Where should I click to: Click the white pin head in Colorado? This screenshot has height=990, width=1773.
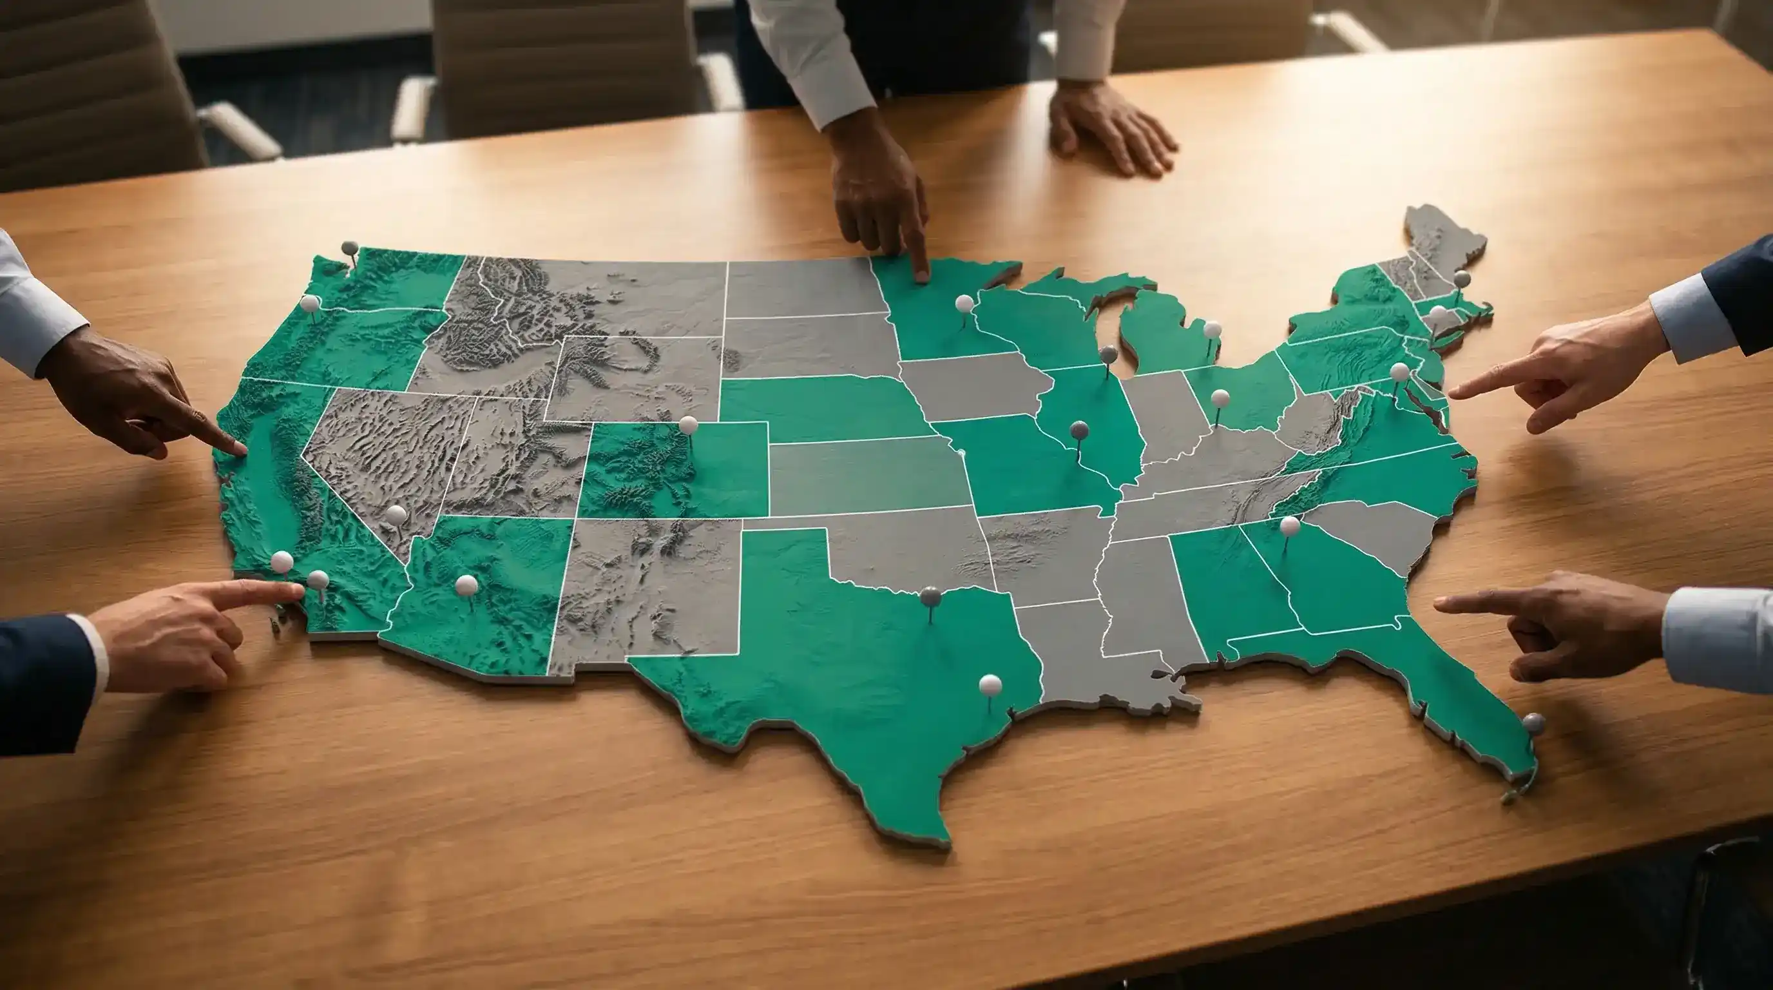(687, 425)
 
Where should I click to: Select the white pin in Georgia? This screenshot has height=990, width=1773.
(1289, 526)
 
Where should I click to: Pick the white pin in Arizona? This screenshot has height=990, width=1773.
(466, 585)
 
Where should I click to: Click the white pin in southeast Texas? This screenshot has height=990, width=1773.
(990, 684)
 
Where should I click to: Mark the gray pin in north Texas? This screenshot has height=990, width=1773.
(930, 596)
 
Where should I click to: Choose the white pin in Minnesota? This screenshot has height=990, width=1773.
(964, 303)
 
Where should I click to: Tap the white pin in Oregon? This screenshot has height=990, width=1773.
(310, 303)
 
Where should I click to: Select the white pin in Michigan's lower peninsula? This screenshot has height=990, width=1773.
(1211, 330)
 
